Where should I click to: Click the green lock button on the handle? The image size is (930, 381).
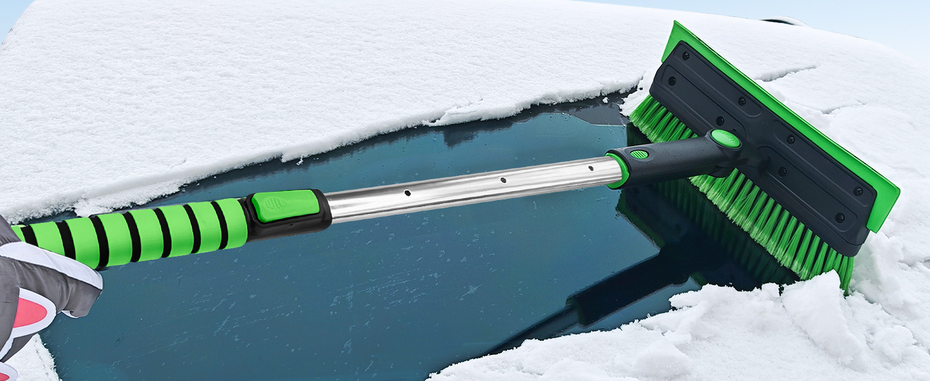tap(285, 206)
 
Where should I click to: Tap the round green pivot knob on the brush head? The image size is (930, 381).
tap(725, 138)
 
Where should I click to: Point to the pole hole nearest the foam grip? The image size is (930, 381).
tap(407, 192)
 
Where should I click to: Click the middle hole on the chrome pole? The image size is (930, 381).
tap(503, 180)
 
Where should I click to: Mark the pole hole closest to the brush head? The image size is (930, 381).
tap(590, 168)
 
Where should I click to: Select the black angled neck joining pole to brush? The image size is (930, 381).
tap(673, 156)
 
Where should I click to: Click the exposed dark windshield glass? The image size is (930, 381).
tap(318, 298)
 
